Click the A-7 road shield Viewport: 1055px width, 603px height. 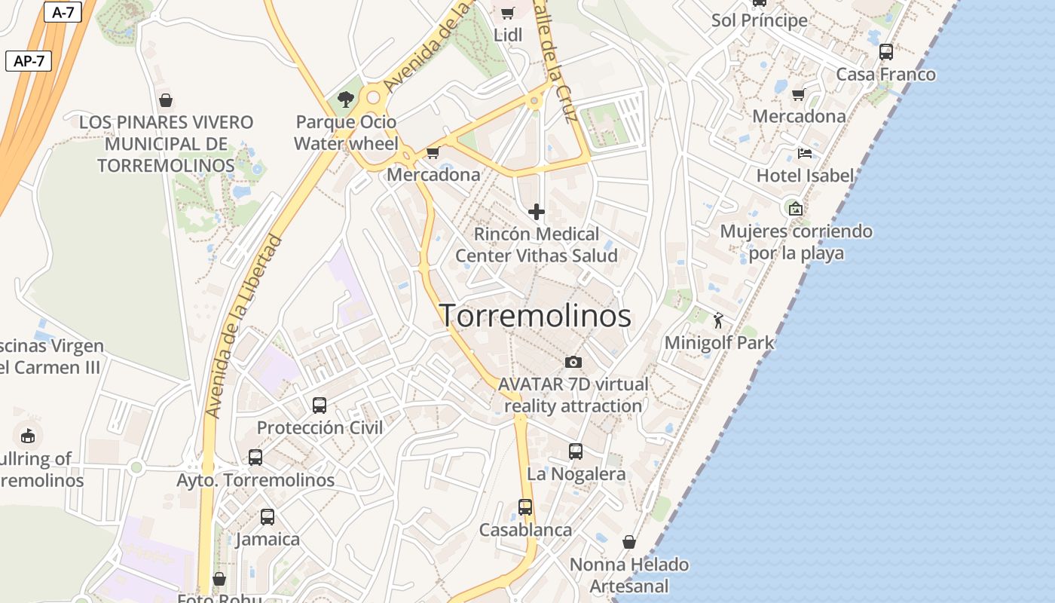click(63, 13)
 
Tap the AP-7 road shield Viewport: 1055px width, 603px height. click(29, 61)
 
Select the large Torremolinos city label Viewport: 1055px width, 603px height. click(535, 315)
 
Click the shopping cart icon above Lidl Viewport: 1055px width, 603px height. click(508, 13)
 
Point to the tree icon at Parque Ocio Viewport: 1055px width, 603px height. click(346, 99)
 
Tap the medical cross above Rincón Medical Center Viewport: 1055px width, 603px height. click(537, 213)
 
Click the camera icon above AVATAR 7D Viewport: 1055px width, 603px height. click(573, 362)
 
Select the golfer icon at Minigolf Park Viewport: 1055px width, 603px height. click(718, 320)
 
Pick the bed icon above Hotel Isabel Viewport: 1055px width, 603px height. click(805, 154)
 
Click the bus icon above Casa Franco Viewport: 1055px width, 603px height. click(886, 52)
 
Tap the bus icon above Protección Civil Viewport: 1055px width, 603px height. click(320, 406)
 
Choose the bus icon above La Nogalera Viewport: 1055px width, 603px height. click(576, 451)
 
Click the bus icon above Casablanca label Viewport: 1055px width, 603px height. click(525, 507)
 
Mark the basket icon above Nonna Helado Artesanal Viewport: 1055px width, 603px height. click(629, 542)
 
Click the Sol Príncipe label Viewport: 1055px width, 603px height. click(760, 20)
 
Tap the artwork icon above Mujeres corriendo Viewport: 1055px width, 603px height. click(795, 209)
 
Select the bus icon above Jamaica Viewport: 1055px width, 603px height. click(268, 517)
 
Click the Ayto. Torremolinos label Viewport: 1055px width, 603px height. click(255, 480)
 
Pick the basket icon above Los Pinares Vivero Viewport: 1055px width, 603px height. click(166, 99)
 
